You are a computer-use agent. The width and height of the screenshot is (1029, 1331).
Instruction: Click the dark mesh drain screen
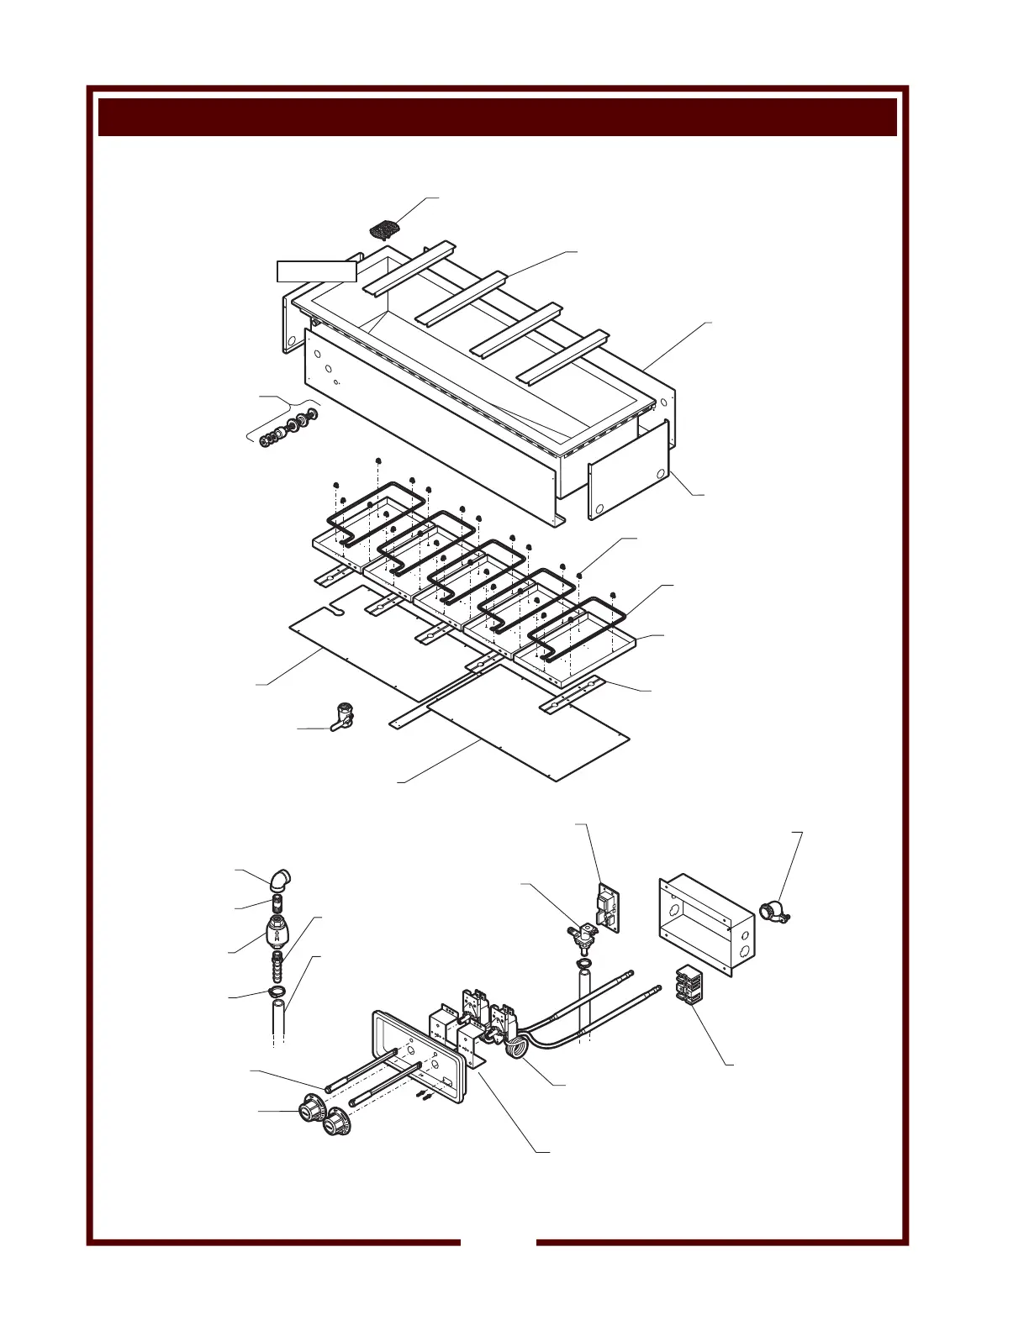[385, 227]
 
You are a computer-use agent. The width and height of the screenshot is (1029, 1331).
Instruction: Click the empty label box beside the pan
[317, 271]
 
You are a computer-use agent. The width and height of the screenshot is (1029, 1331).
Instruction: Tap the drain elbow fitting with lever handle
[344, 717]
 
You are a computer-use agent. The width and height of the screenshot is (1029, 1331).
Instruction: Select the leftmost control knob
[306, 1108]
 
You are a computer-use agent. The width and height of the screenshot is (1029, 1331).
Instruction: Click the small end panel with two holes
[629, 471]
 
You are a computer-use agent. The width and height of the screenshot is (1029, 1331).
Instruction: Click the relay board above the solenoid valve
[609, 906]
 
